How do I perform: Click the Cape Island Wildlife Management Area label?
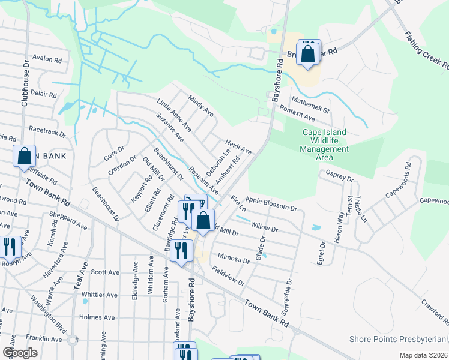(324, 145)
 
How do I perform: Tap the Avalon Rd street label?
(48, 60)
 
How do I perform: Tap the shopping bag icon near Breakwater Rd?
(308, 54)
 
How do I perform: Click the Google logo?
(20, 353)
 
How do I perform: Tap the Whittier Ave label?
(100, 295)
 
